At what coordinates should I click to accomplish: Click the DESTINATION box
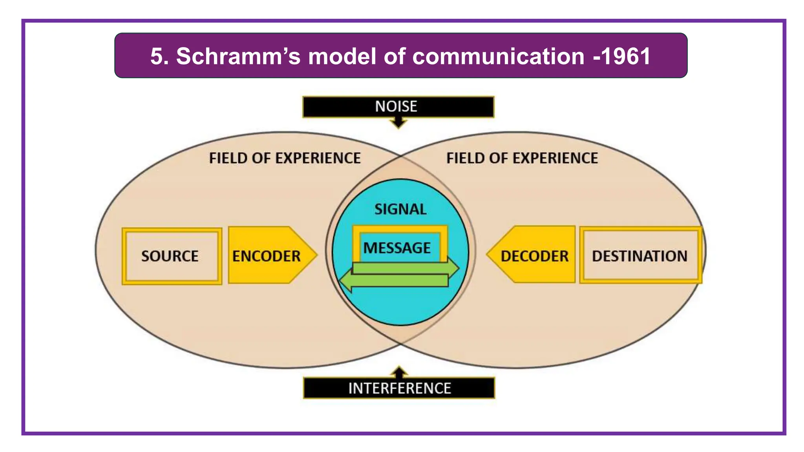(640, 256)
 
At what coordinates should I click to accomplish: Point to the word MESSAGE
(397, 248)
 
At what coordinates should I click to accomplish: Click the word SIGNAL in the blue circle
(400, 209)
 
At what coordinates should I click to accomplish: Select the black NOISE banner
(398, 106)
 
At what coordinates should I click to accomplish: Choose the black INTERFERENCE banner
(399, 388)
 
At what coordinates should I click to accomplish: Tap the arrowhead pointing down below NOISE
(398, 124)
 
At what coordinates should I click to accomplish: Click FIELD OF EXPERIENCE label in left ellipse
(285, 158)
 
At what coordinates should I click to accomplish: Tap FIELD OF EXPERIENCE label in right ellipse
(522, 158)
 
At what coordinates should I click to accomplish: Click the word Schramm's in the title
(238, 56)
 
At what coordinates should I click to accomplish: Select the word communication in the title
(498, 56)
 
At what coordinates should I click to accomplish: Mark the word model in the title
(342, 56)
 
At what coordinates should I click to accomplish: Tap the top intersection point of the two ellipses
(400, 156)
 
